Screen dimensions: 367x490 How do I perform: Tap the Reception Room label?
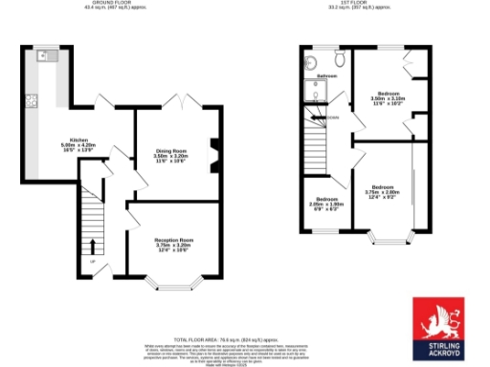(174, 239)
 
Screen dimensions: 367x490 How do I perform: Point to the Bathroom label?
(329, 76)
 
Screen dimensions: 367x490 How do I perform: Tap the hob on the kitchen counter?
(32, 99)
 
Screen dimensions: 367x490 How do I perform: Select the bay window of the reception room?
(174, 283)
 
